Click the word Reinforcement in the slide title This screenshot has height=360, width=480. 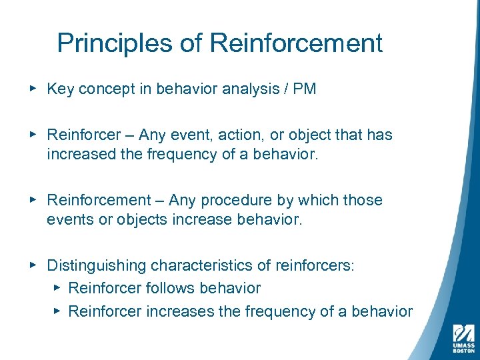click(296, 43)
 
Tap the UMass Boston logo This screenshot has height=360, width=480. click(463, 337)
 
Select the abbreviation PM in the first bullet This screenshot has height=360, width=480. click(304, 89)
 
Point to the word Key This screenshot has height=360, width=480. click(60, 89)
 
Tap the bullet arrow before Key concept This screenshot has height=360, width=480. click(34, 89)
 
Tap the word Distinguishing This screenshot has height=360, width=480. click(96, 266)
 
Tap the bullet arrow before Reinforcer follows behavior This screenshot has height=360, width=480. click(57, 288)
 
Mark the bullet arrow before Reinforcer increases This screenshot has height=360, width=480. click(57, 311)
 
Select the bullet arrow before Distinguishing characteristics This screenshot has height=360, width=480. click(34, 265)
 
